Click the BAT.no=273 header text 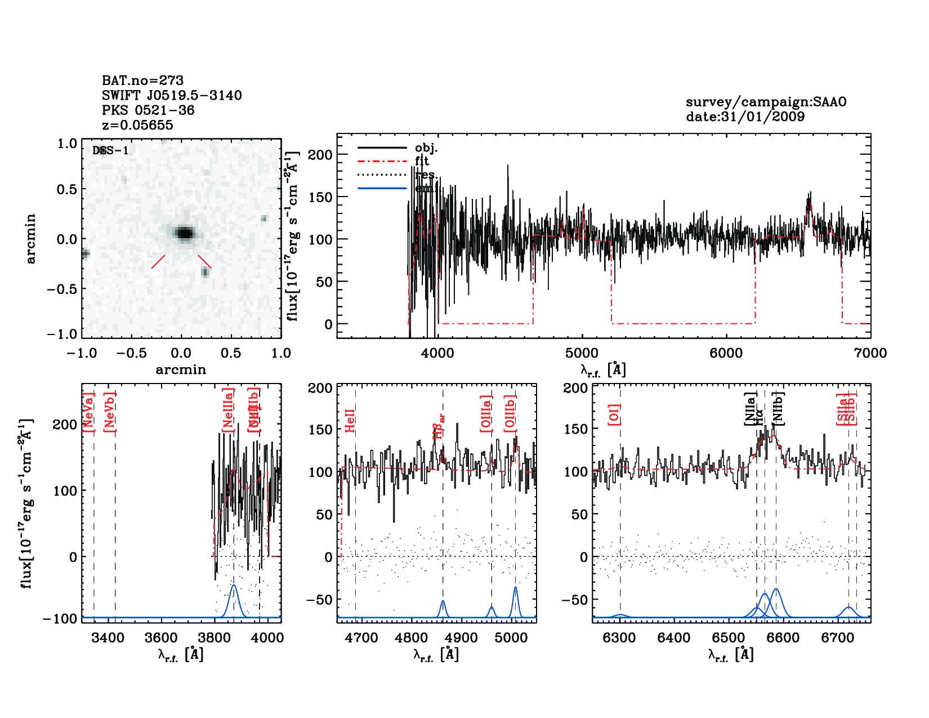pos(142,81)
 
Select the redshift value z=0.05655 pos(137,125)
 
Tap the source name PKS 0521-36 pos(148,110)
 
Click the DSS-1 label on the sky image pos(110,150)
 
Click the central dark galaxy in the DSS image pos(184,233)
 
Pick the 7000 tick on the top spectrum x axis pos(870,353)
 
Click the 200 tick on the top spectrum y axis pos(320,155)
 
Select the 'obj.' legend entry pos(426,148)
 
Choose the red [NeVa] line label pos(88,412)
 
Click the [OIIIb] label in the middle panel pos(510,413)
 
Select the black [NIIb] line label pos(778,408)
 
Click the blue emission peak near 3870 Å pos(234,586)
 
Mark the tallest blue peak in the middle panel pos(515,588)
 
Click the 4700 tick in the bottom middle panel pos(361,638)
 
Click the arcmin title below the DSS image pos(181,370)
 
